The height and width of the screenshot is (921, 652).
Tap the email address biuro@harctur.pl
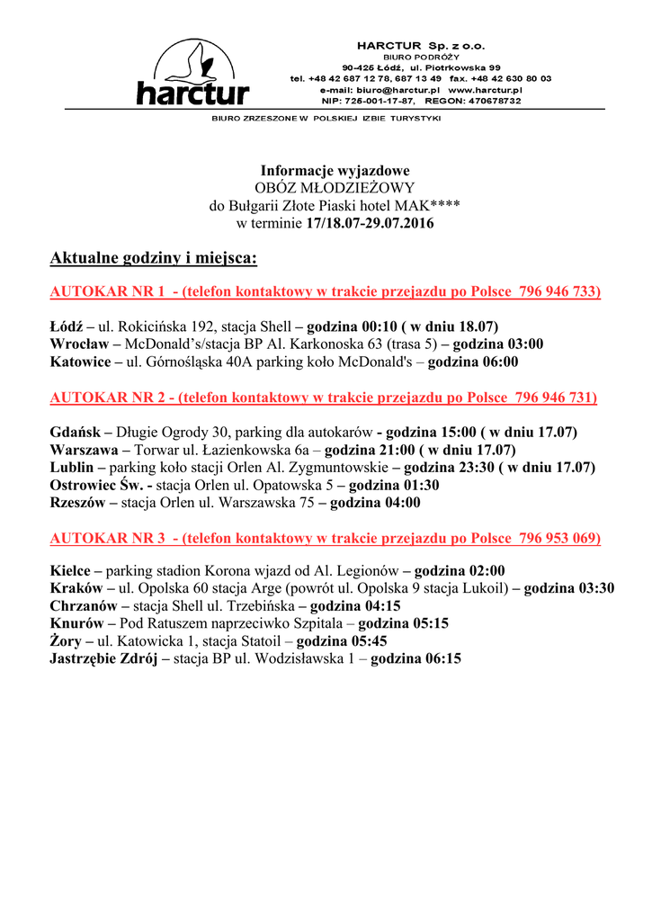point(402,90)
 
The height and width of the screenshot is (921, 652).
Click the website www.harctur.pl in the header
point(485,90)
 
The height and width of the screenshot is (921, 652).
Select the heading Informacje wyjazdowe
point(335,170)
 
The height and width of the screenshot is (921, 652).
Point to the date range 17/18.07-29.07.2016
point(370,222)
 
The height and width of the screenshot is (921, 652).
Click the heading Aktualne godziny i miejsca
point(153,259)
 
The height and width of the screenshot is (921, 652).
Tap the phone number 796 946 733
point(558,292)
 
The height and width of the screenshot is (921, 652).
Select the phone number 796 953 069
point(558,538)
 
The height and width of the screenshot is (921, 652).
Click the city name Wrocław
point(79,344)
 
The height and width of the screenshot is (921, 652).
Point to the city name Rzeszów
point(76,503)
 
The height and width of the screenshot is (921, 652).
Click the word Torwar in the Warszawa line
point(157,450)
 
